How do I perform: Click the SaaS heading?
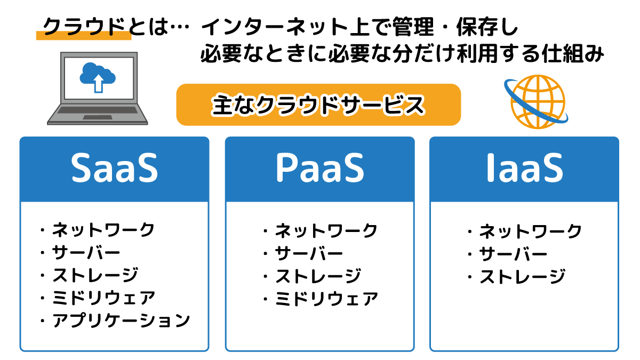coord(114,167)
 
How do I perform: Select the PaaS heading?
coord(319,167)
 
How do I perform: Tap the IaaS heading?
coord(525,167)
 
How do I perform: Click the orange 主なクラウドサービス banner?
coord(318,105)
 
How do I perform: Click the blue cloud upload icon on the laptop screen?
coord(98,77)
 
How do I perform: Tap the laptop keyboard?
coord(98,110)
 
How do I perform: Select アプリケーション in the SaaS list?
coord(121,321)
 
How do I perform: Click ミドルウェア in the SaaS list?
coord(103,298)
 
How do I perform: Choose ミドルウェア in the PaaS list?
coord(326,299)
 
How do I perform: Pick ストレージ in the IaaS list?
coord(522,277)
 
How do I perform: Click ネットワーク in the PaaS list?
coord(326,231)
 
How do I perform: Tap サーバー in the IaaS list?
coord(513,254)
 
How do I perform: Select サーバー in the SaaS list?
coord(86,253)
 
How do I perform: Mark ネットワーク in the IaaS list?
coord(530,231)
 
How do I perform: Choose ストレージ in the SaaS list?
coord(95,275)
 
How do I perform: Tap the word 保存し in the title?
coord(487,27)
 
